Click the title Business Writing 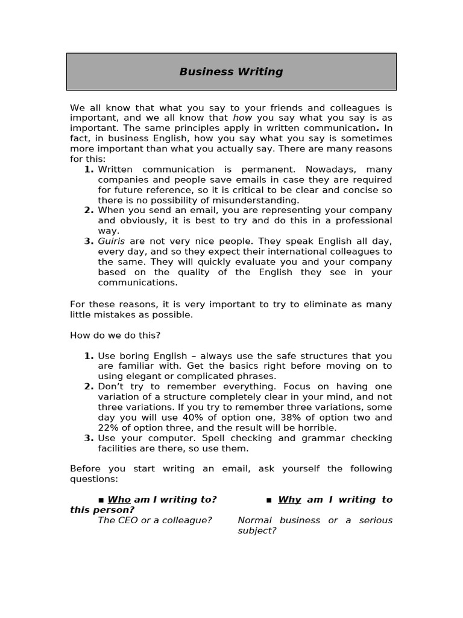click(231, 72)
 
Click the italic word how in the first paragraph click(242, 118)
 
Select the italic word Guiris click(112, 241)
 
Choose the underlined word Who click(119, 500)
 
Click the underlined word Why click(289, 500)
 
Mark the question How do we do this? click(115, 336)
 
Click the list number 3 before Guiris click(89, 241)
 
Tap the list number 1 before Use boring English click(89, 356)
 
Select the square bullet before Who click(101, 500)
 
